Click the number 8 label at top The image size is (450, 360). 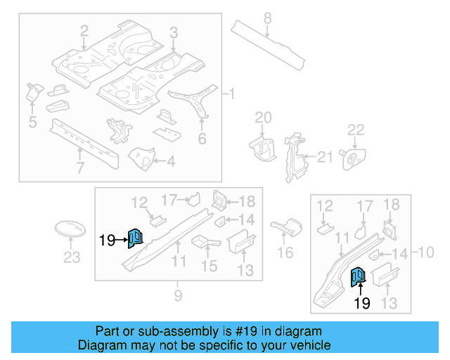(x=267, y=17)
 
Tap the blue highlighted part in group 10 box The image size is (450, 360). (x=358, y=278)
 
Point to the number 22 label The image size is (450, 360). (x=356, y=129)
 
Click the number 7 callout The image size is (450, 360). (x=80, y=167)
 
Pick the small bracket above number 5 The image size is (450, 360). (x=34, y=91)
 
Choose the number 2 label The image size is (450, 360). (x=84, y=31)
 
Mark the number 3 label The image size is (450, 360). (x=174, y=32)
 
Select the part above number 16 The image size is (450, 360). (x=285, y=226)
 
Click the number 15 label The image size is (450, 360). (x=210, y=266)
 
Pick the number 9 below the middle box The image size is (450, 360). (x=178, y=296)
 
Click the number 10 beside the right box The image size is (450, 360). (x=426, y=252)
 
